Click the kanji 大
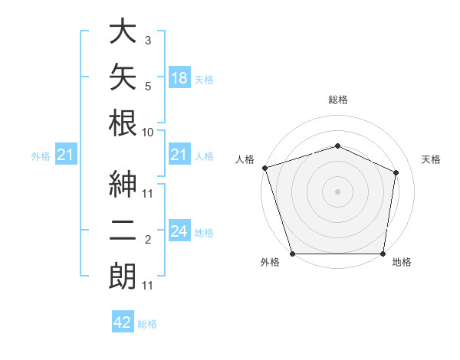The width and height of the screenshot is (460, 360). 123,31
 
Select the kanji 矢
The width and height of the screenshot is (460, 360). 123,77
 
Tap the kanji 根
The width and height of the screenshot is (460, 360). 123,123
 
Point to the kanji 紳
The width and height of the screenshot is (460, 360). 123,184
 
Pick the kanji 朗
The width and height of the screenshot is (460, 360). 123,276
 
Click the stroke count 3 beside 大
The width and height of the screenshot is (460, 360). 148,41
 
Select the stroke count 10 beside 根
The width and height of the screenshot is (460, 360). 147,133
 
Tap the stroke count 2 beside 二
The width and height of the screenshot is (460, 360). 148,240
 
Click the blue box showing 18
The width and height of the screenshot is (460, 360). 179,77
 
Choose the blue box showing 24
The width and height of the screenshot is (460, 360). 179,230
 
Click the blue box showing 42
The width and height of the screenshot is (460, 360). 123,321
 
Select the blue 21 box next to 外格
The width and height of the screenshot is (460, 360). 66,154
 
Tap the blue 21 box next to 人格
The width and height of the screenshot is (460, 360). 179,154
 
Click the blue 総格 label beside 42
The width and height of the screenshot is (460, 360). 147,324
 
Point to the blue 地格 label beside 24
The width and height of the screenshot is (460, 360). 204,233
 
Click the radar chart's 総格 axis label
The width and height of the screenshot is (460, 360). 338,100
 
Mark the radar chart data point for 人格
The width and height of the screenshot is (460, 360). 265,168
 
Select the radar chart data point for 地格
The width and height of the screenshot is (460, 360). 383,254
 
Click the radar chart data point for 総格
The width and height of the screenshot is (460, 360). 337,146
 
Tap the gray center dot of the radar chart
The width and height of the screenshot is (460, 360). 337,191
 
